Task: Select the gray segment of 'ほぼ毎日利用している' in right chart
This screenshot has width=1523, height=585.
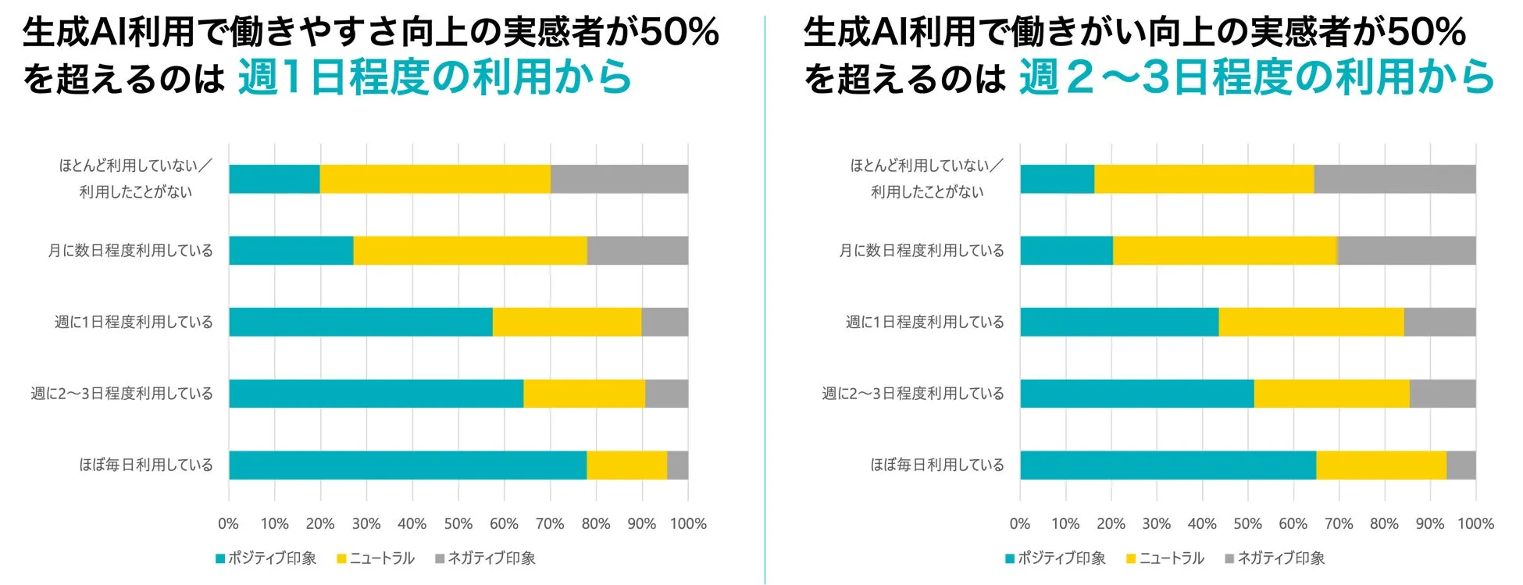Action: pos(1461,465)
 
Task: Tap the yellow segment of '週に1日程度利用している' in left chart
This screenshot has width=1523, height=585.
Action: pos(567,322)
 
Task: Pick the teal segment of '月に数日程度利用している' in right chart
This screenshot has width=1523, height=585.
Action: pos(1066,251)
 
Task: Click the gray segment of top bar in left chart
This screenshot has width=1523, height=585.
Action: pos(619,179)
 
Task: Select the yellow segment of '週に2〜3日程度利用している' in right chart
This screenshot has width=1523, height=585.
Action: pos(1332,394)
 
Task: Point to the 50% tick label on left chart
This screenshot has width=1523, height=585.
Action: pos(458,524)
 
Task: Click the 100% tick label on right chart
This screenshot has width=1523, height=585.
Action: pos(1475,524)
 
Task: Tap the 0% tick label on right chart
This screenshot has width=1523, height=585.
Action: pos(1019,524)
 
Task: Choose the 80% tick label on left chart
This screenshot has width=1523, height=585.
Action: pos(595,524)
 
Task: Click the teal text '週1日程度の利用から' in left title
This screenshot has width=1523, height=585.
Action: pos(434,77)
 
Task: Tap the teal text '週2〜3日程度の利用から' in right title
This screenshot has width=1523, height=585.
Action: pos(1256,77)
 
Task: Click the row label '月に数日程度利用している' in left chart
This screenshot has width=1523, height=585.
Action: pos(130,251)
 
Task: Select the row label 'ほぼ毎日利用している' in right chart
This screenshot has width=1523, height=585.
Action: pos(936,465)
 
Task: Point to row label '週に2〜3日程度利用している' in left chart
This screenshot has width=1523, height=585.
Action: pos(122,394)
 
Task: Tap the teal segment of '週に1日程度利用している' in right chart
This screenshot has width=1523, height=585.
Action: pos(1119,322)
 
